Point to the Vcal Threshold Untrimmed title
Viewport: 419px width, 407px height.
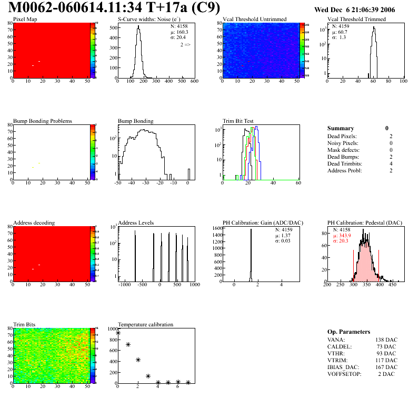pyautogui.click(x=254, y=20)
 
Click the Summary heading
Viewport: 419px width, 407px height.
pyautogui.click(x=341, y=128)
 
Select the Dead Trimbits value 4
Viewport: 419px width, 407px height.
pyautogui.click(x=388, y=164)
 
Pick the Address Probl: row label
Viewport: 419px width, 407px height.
pyautogui.click(x=345, y=171)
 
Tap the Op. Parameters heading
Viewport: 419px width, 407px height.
pyautogui.click(x=348, y=332)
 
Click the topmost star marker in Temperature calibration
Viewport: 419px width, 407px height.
pyautogui.click(x=118, y=333)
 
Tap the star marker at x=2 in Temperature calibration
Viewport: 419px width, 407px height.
pyautogui.click(x=138, y=360)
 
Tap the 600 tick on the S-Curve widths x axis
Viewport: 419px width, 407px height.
pyautogui.click(x=194, y=82)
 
